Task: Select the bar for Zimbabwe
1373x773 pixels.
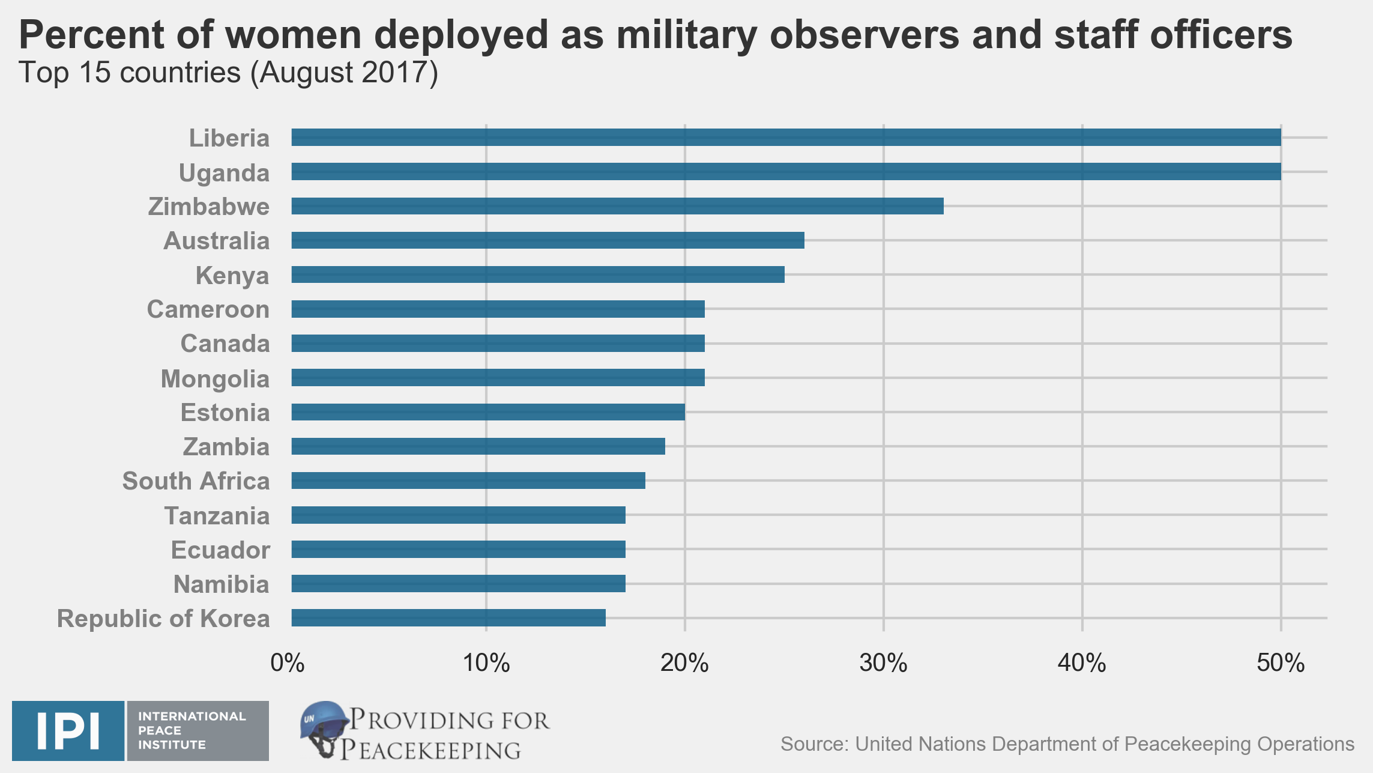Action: click(x=617, y=206)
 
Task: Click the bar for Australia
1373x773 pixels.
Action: click(x=548, y=240)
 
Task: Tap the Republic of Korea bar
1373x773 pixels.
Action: click(x=448, y=617)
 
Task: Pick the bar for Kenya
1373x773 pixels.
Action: click(x=538, y=274)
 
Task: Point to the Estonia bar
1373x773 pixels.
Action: click(x=488, y=412)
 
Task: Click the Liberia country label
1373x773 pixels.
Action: click(x=229, y=138)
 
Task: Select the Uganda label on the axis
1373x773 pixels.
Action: click(x=224, y=173)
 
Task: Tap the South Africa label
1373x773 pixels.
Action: click(x=196, y=481)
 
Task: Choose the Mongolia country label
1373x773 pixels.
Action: click(x=215, y=379)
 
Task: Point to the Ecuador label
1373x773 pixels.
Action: click(x=220, y=550)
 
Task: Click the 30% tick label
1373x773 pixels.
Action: click(x=883, y=663)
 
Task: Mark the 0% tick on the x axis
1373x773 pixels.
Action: click(x=288, y=663)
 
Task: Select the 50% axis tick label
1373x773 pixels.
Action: click(x=1281, y=663)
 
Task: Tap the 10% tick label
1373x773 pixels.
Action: click(x=486, y=663)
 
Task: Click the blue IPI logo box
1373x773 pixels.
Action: click(x=68, y=730)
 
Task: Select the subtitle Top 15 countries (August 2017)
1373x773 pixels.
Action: click(x=229, y=73)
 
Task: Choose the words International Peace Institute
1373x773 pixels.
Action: click(x=192, y=730)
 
